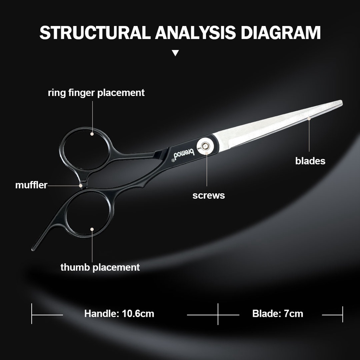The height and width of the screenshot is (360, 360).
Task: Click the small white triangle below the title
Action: [x=175, y=53]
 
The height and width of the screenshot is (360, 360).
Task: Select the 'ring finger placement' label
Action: [x=96, y=93]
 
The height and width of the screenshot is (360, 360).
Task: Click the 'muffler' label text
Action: [x=31, y=185]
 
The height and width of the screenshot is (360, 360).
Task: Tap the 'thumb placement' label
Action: [x=100, y=267]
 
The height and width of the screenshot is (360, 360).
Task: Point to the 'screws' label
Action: [x=208, y=195]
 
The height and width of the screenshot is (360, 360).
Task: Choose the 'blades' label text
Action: [x=310, y=161]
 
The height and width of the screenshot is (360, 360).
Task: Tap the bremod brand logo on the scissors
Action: [x=184, y=154]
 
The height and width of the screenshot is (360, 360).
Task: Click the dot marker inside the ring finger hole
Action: [x=92, y=134]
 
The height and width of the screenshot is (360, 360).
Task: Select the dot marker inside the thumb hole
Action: [x=92, y=229]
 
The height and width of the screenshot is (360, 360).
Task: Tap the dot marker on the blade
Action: [x=309, y=119]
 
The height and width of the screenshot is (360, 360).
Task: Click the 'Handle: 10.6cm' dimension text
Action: [x=119, y=314]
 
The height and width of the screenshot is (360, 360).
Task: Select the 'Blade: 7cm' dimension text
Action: [x=278, y=314]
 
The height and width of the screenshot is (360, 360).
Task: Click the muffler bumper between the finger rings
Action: [x=81, y=185]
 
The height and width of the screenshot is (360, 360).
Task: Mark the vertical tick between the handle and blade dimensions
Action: [x=218, y=314]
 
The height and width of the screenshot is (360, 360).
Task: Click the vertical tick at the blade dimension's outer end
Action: [x=342, y=314]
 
